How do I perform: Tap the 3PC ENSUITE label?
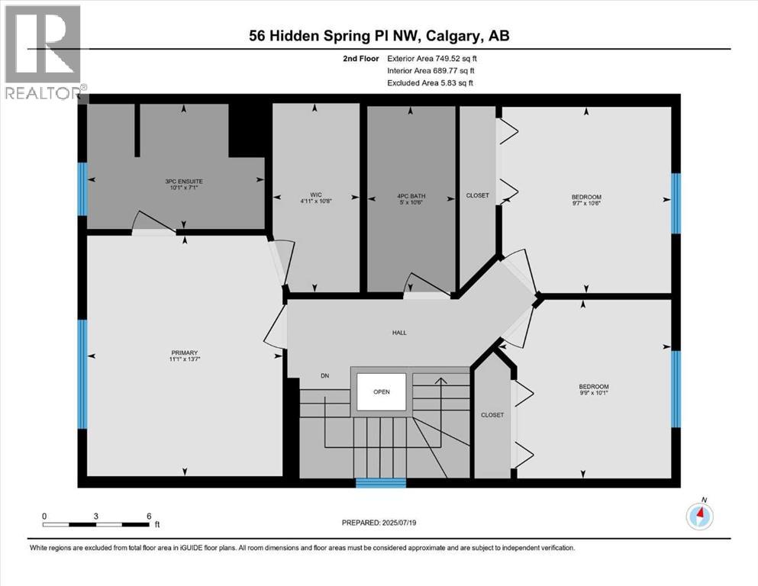click(183, 181)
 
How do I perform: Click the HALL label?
click(399, 333)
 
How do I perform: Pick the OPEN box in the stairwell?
click(381, 392)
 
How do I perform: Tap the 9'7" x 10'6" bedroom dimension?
click(586, 203)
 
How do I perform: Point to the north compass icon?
click(699, 517)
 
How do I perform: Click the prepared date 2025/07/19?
click(379, 523)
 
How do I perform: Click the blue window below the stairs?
click(381, 482)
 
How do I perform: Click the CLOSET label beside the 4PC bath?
click(477, 195)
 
